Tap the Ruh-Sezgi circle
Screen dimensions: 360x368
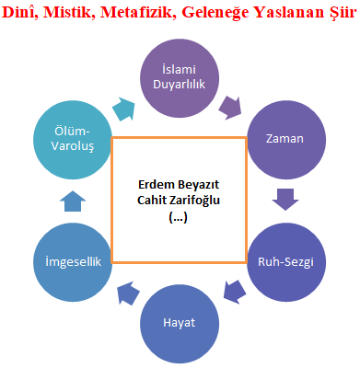click(x=284, y=261)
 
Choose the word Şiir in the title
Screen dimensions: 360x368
click(x=338, y=12)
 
